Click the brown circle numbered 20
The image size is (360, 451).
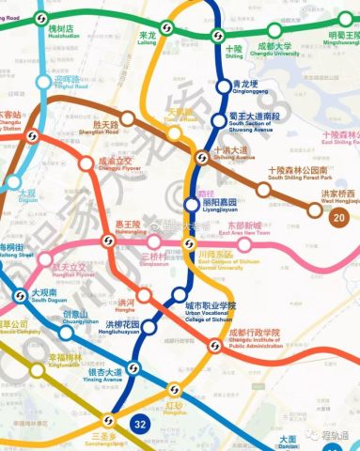pos(339,217)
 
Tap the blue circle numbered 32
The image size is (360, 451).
pos(141,426)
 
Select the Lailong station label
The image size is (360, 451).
pos(145,39)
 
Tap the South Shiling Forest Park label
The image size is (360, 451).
pos(301,173)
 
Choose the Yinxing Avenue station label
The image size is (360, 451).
pos(103,375)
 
